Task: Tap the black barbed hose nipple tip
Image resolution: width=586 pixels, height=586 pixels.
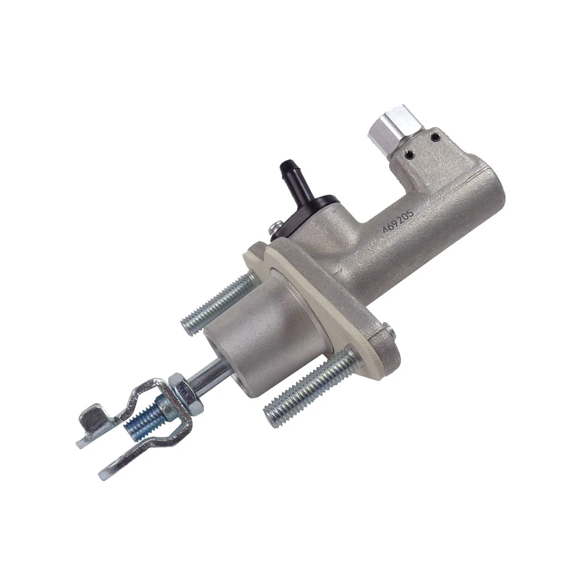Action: [x=287, y=165]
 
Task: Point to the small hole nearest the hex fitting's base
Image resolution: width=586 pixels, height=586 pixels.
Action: [x=410, y=152]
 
